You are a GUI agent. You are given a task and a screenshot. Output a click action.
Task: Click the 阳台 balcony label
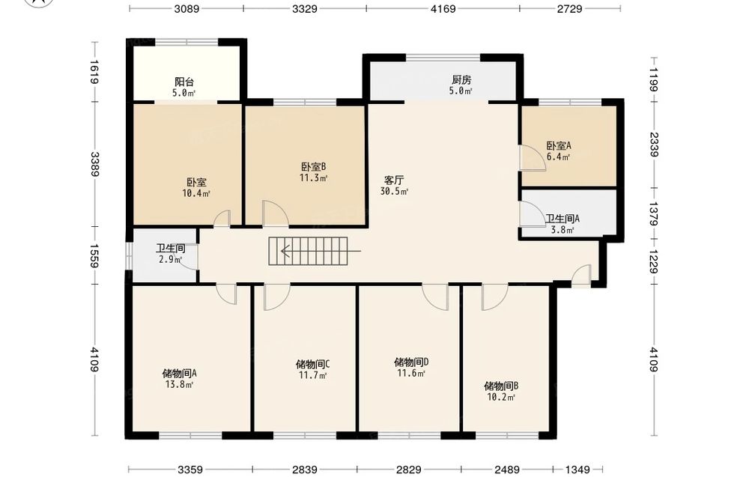point(184,82)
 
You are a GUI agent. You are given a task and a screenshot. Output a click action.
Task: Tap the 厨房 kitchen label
point(461,80)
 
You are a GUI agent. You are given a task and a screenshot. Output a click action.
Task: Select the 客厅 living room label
point(394,180)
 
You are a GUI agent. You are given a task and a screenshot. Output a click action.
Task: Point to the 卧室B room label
point(313,167)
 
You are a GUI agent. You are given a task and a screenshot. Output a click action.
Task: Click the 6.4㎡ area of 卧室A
point(559,157)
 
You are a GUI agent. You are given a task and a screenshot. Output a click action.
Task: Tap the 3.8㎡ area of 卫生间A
point(562,230)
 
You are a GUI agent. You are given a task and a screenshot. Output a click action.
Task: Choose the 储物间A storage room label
point(179,373)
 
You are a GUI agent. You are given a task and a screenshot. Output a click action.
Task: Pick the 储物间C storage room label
point(312,365)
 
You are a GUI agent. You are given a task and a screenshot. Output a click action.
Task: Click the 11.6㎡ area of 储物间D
point(410,374)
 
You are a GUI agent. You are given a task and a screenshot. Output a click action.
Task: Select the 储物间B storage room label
point(501,386)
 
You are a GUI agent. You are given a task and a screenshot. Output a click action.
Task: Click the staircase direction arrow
point(321,251)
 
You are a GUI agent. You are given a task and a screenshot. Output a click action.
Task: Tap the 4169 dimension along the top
point(443,8)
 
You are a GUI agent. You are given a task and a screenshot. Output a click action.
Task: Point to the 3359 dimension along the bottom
point(190,470)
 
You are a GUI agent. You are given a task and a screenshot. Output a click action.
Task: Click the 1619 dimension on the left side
point(94,72)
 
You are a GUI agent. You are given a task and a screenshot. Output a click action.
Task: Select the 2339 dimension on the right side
point(654,145)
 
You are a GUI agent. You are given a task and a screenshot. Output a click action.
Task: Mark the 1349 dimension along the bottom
point(577,470)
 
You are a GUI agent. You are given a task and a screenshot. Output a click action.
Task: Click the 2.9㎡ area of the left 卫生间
point(170,260)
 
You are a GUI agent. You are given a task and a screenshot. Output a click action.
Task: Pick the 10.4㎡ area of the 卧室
point(195,193)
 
